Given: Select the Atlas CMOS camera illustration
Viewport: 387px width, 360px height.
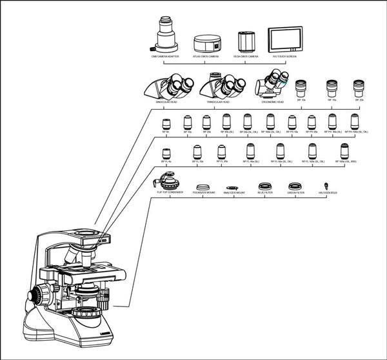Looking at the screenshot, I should pyautogui.click(x=208, y=44).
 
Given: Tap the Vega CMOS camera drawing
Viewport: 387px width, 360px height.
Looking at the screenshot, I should pyautogui.click(x=246, y=43).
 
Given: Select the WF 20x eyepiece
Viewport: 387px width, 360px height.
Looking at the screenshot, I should pyautogui.click(x=359, y=88).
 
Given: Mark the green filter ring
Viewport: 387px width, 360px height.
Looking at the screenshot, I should pyautogui.click(x=296, y=186).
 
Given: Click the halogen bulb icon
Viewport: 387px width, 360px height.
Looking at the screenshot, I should pyautogui.click(x=327, y=186).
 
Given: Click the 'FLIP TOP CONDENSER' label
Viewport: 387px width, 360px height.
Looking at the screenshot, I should pyautogui.click(x=170, y=192).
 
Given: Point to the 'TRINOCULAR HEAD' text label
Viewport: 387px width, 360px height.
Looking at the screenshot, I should pyautogui.click(x=220, y=102).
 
